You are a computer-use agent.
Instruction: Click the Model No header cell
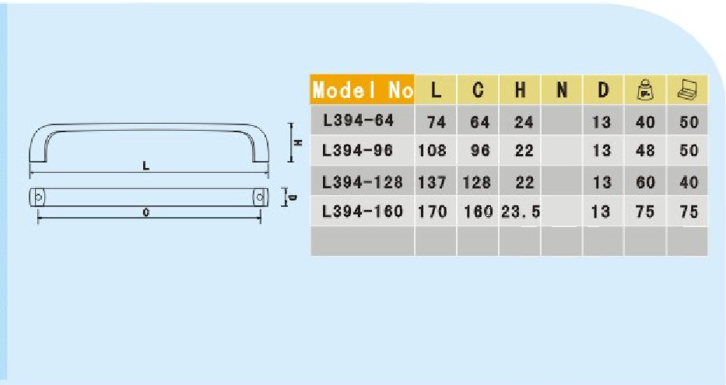pos(362,90)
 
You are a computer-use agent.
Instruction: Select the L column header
pos(436,90)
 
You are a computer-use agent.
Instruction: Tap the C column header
pos(478,90)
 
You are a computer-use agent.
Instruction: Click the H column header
pos(520,90)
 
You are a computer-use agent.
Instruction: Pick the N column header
pos(561,90)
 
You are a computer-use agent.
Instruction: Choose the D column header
pos(602,90)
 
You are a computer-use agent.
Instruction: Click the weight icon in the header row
pos(644,89)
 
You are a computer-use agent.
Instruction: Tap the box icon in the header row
pos(687,89)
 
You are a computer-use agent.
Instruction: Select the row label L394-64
pos(358,121)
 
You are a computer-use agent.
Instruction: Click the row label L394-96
pos(358,150)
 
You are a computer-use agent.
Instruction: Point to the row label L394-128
pos(363,181)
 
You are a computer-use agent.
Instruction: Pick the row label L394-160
pos(363,211)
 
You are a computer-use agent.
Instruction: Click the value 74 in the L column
pos(436,121)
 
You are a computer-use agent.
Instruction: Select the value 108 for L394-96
pos(433,151)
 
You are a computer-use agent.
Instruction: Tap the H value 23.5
pos(521,212)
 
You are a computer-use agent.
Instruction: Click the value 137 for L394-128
pos(433,182)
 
